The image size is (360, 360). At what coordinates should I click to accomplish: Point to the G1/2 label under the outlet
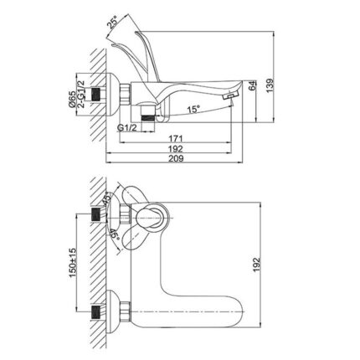click(x=125, y=128)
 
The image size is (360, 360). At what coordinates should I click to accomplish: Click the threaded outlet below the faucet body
click(x=150, y=116)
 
